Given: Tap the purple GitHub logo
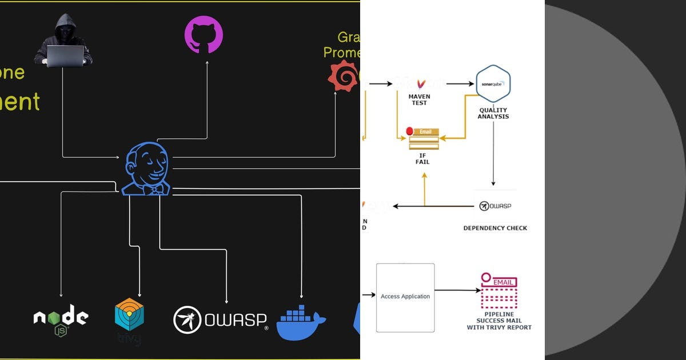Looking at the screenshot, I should pyautogui.click(x=203, y=34).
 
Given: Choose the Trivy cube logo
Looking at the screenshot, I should pyautogui.click(x=129, y=317).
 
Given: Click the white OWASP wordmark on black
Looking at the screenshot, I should pyautogui.click(x=221, y=320).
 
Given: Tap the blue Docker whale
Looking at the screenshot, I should pyautogui.click(x=301, y=322).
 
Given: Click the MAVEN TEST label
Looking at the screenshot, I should pyautogui.click(x=419, y=100).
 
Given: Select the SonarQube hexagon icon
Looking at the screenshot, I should pyautogui.click(x=493, y=83).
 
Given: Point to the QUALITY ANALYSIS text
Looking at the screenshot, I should pyautogui.click(x=493, y=113).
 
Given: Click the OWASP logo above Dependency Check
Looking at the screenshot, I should pyautogui.click(x=495, y=206).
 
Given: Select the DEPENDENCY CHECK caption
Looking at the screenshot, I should pyautogui.click(x=495, y=228).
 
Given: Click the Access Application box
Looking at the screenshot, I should pyautogui.click(x=405, y=297).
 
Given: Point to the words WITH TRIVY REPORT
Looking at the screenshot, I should pyautogui.click(x=499, y=327).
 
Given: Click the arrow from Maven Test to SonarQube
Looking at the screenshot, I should pyautogui.click(x=460, y=84).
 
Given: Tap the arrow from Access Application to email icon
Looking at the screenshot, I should pyautogui.click(x=457, y=290).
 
